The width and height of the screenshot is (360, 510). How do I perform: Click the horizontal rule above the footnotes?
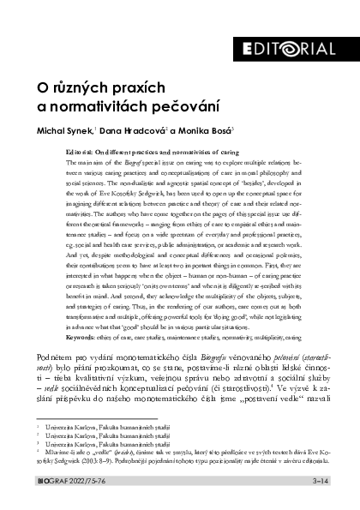click(81, 415)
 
